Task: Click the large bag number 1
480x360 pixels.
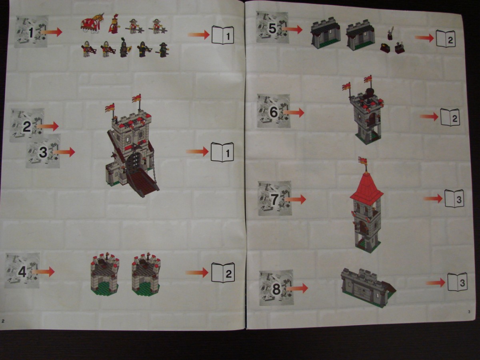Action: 31,33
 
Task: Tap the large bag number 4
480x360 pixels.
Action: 22,272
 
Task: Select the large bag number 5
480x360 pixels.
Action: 272,28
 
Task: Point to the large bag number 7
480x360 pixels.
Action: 275,199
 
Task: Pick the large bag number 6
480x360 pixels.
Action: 274,112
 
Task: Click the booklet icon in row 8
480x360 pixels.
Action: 457,282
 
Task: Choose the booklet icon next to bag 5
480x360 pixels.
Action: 446,39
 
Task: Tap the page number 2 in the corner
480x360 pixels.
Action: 3,321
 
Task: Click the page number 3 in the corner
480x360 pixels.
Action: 469,312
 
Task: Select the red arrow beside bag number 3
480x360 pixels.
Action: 64,152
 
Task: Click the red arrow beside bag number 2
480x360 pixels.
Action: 48,126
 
